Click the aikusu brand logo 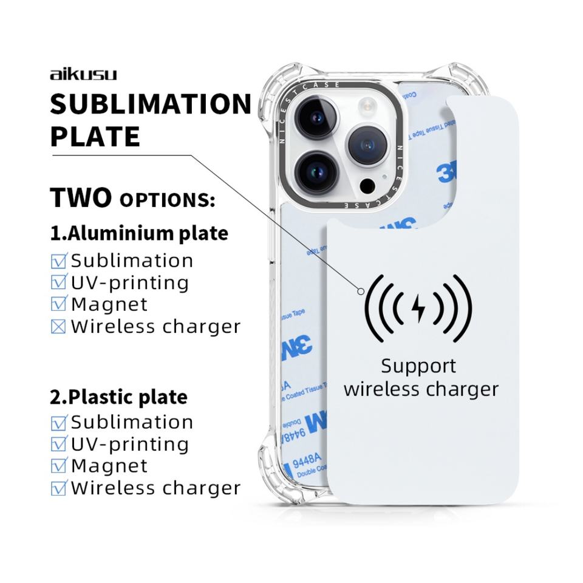[83, 75]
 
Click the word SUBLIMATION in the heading [150, 104]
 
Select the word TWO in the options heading [81, 198]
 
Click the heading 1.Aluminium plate [139, 233]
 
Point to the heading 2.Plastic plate [118, 397]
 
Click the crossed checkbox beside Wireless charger [59, 327]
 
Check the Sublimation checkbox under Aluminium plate [59, 261]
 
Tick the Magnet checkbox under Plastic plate [59, 466]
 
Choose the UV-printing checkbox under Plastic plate [59, 444]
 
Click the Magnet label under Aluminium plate [109, 304]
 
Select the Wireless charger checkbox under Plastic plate [59, 488]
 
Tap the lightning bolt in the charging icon [418, 309]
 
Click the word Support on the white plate [418, 366]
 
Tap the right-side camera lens [367, 146]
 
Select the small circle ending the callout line [361, 291]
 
